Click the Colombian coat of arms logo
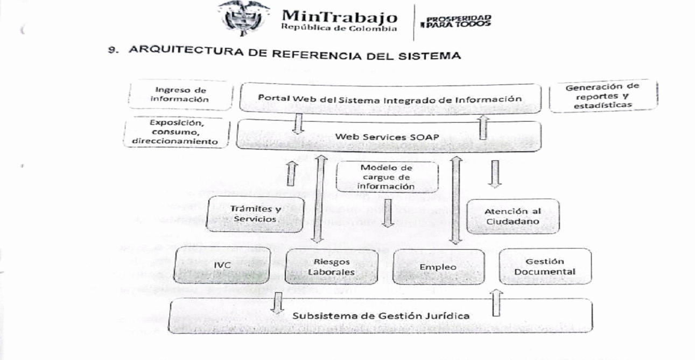pyautogui.click(x=243, y=18)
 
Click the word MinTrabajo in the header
pyautogui.click(x=340, y=16)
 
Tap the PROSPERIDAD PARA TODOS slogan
pyautogui.click(x=456, y=21)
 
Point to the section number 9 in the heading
pyautogui.click(x=113, y=50)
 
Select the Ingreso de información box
pyautogui.click(x=180, y=95)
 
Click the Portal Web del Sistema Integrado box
pyautogui.click(x=390, y=98)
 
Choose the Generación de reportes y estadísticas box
pyautogui.click(x=603, y=96)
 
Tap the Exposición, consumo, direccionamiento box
pyautogui.click(x=176, y=132)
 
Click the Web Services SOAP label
pyautogui.click(x=387, y=137)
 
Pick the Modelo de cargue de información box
pyautogui.click(x=387, y=177)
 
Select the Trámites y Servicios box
pyautogui.click(x=255, y=214)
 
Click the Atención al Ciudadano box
pyautogui.click(x=513, y=216)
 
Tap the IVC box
pyautogui.click(x=222, y=265)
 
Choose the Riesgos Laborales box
pyautogui.click(x=332, y=267)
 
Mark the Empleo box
pyautogui.click(x=438, y=267)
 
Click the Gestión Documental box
pyautogui.click(x=545, y=266)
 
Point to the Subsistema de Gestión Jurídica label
pyautogui.click(x=381, y=316)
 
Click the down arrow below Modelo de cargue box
pyautogui.click(x=388, y=213)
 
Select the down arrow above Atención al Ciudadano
pyautogui.click(x=495, y=174)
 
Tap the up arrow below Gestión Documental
pyautogui.click(x=496, y=303)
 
